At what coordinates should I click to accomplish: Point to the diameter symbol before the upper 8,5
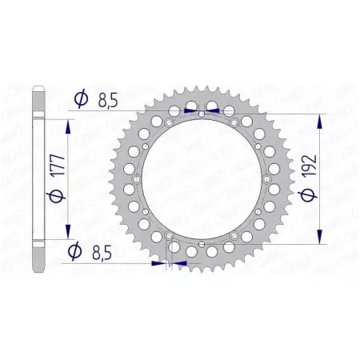point(81,100)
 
